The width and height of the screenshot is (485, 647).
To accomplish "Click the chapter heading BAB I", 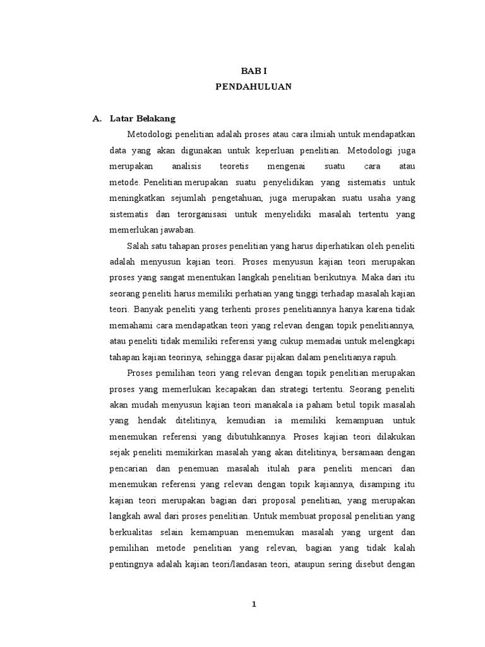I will pyautogui.click(x=254, y=73).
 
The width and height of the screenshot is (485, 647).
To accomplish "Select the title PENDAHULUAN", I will pyautogui.click(x=254, y=88).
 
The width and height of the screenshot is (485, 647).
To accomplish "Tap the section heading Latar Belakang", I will pyautogui.click(x=142, y=118).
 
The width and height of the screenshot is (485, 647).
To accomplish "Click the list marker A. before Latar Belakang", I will pyautogui.click(x=97, y=118).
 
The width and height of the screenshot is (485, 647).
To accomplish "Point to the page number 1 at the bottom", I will pyautogui.click(x=254, y=604).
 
